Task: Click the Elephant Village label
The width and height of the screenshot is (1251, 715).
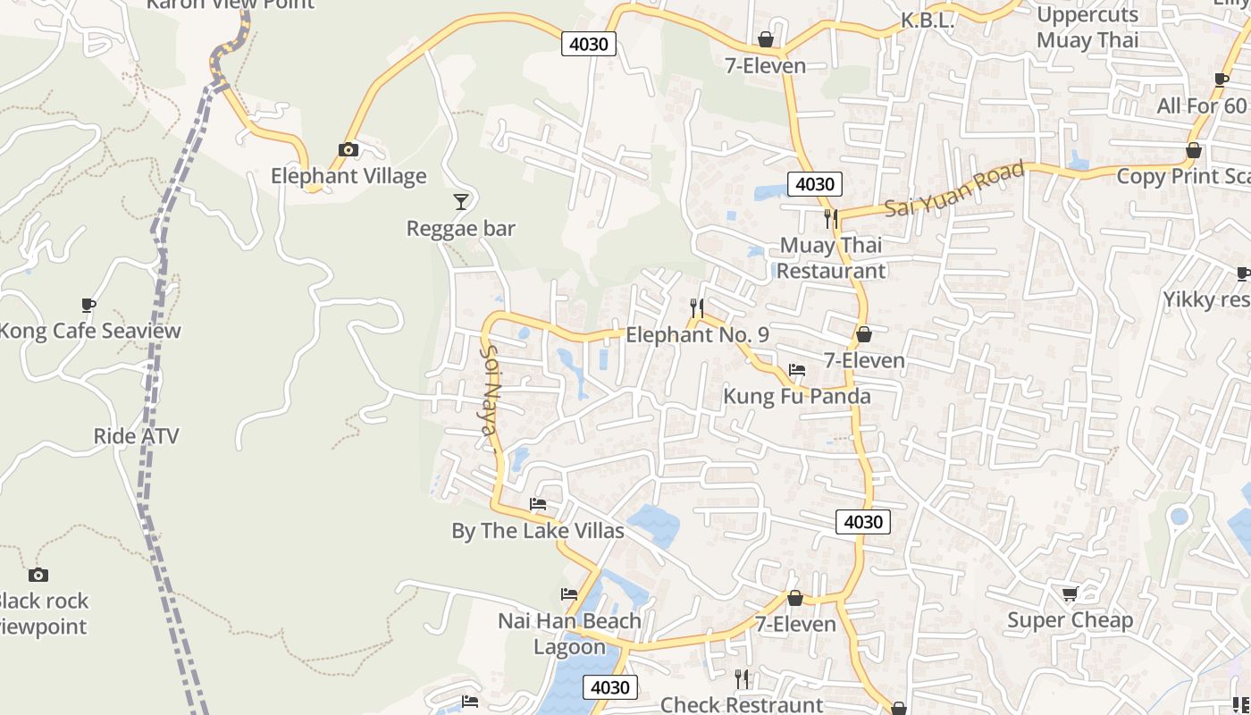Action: tap(348, 176)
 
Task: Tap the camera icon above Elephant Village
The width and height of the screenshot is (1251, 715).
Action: tap(348, 149)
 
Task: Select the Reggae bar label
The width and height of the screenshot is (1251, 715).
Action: tap(461, 229)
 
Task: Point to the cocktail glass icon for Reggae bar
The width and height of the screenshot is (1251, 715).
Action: tap(461, 202)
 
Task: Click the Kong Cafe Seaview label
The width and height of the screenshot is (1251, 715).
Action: tap(89, 331)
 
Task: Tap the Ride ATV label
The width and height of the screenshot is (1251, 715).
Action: tap(137, 436)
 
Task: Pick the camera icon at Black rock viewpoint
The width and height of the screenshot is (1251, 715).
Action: tap(38, 575)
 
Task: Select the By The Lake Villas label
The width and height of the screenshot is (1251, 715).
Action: tap(538, 531)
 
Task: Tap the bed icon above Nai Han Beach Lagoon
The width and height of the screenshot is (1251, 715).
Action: tap(569, 594)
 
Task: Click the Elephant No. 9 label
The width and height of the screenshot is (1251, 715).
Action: tap(698, 335)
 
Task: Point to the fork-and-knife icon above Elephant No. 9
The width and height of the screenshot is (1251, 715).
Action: tap(698, 308)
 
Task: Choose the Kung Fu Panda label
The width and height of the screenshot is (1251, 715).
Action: tap(797, 396)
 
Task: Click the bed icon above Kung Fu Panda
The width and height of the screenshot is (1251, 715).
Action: tap(797, 370)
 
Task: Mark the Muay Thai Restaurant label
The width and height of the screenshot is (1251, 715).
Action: tap(831, 257)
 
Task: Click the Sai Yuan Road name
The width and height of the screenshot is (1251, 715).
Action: tap(954, 189)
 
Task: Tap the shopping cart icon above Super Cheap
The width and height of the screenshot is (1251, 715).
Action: tap(1070, 593)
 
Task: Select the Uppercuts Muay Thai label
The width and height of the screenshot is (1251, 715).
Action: tap(1087, 27)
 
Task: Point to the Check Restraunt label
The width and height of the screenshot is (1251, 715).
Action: tap(742, 704)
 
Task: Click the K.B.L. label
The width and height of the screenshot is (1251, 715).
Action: tap(928, 20)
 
